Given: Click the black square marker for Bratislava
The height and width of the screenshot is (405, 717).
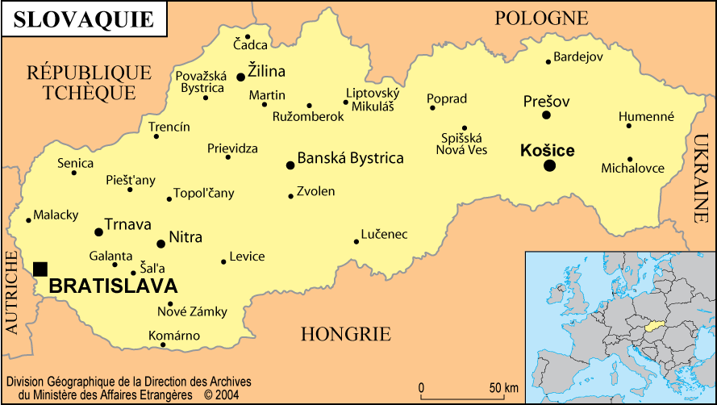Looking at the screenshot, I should pyautogui.click(x=40, y=269).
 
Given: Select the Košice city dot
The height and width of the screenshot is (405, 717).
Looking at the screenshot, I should pyautogui.click(x=549, y=165).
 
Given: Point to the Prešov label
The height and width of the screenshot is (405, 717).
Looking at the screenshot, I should pyautogui.click(x=546, y=102).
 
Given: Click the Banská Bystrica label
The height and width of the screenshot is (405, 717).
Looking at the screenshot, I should pyautogui.click(x=350, y=158).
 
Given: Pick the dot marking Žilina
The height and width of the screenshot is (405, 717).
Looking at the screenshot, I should pyautogui.click(x=240, y=77).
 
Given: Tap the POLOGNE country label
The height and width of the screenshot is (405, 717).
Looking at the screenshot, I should pyautogui.click(x=541, y=18).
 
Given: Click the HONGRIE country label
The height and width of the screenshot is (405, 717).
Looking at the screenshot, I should pyautogui.click(x=345, y=334).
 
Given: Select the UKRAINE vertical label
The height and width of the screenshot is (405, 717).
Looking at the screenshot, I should pyautogui.click(x=699, y=177).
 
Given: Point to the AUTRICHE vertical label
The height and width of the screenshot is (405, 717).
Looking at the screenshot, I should pyautogui.click(x=12, y=292).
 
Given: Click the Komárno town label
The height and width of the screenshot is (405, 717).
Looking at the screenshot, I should pyautogui.click(x=174, y=336).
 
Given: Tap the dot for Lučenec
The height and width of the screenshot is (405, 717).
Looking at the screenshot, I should pyautogui.click(x=356, y=241).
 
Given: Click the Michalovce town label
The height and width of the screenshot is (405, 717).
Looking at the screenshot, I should pyautogui.click(x=632, y=169).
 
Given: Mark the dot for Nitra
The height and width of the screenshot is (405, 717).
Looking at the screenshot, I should pyautogui.click(x=160, y=243).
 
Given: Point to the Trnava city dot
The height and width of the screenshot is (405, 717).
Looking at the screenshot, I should pyautogui.click(x=98, y=232).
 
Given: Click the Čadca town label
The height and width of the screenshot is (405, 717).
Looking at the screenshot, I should pyautogui.click(x=250, y=45).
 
